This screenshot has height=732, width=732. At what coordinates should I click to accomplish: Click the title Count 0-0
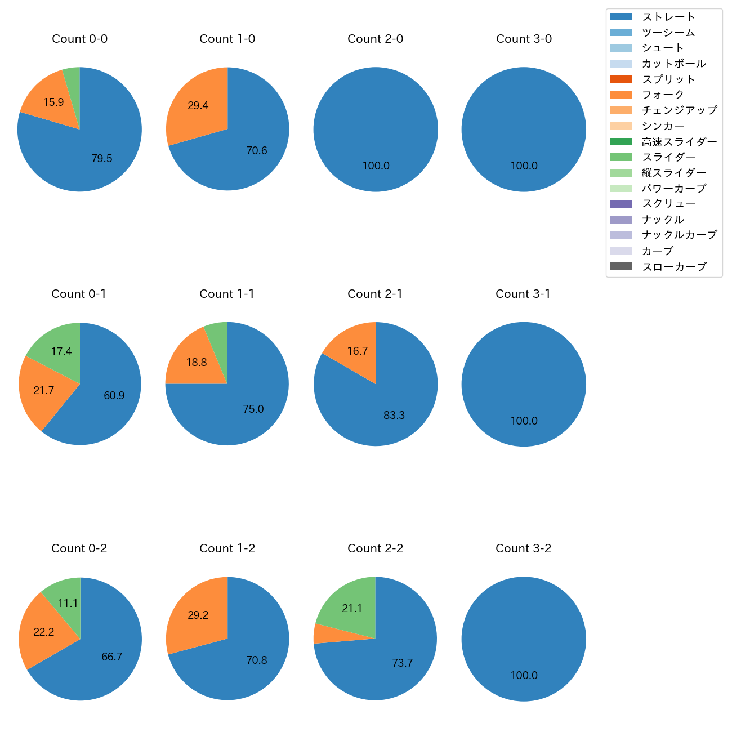[79, 39]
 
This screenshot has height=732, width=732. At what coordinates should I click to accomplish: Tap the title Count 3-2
[523, 548]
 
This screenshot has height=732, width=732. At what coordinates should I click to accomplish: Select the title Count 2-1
[375, 294]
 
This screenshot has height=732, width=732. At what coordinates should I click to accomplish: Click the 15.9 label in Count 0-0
[53, 102]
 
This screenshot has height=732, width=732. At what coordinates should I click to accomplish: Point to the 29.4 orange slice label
[198, 105]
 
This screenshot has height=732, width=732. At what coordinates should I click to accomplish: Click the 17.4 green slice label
[61, 352]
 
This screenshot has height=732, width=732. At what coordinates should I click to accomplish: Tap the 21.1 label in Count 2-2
[352, 608]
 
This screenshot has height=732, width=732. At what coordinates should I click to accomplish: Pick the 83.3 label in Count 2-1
[394, 415]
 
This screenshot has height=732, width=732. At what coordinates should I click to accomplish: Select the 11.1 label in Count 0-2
[68, 604]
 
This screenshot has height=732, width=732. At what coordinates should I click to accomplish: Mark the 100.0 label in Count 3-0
[524, 166]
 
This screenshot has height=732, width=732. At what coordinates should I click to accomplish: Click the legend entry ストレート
[668, 17]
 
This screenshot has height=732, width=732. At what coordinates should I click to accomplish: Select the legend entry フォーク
[663, 95]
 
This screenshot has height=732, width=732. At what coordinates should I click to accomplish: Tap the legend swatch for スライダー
[621, 157]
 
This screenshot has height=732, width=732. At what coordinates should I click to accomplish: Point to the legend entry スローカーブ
[674, 267]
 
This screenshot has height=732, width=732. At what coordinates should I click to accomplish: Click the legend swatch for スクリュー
[621, 204]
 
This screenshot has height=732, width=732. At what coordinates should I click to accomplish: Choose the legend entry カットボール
[673, 64]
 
